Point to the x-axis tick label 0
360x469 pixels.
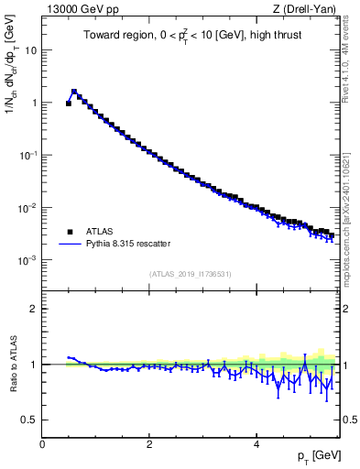pos(42,443)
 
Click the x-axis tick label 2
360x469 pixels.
pos(149,443)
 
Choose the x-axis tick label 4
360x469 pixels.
pos(256,443)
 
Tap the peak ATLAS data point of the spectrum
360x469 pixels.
pos(74,92)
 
